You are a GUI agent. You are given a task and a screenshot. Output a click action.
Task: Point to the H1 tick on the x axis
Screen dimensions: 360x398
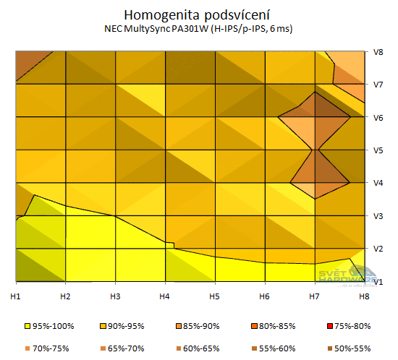pos(14,296)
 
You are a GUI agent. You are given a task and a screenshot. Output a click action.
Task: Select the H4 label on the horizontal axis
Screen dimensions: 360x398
pos(164,296)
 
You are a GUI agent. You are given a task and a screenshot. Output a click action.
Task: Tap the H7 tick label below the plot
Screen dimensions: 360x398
pos(314,296)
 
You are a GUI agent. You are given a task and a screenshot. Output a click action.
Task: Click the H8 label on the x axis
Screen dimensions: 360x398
pos(364,296)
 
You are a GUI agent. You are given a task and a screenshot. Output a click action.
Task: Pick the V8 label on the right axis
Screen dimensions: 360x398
pos(377,52)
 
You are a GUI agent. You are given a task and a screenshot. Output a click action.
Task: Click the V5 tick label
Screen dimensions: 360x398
pos(377,150)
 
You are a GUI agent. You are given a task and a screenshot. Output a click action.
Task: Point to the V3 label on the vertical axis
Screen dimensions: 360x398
pos(377,216)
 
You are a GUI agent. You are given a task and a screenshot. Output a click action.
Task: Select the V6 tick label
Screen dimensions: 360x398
pos(377,118)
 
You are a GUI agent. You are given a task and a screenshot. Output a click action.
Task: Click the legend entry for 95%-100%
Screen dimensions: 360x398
pos(46,326)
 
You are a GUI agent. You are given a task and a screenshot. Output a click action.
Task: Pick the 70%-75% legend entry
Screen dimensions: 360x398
pos(46,348)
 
